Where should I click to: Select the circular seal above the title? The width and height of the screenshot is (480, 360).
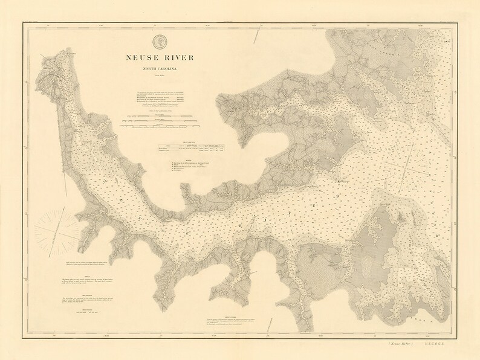tap(161, 42)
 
